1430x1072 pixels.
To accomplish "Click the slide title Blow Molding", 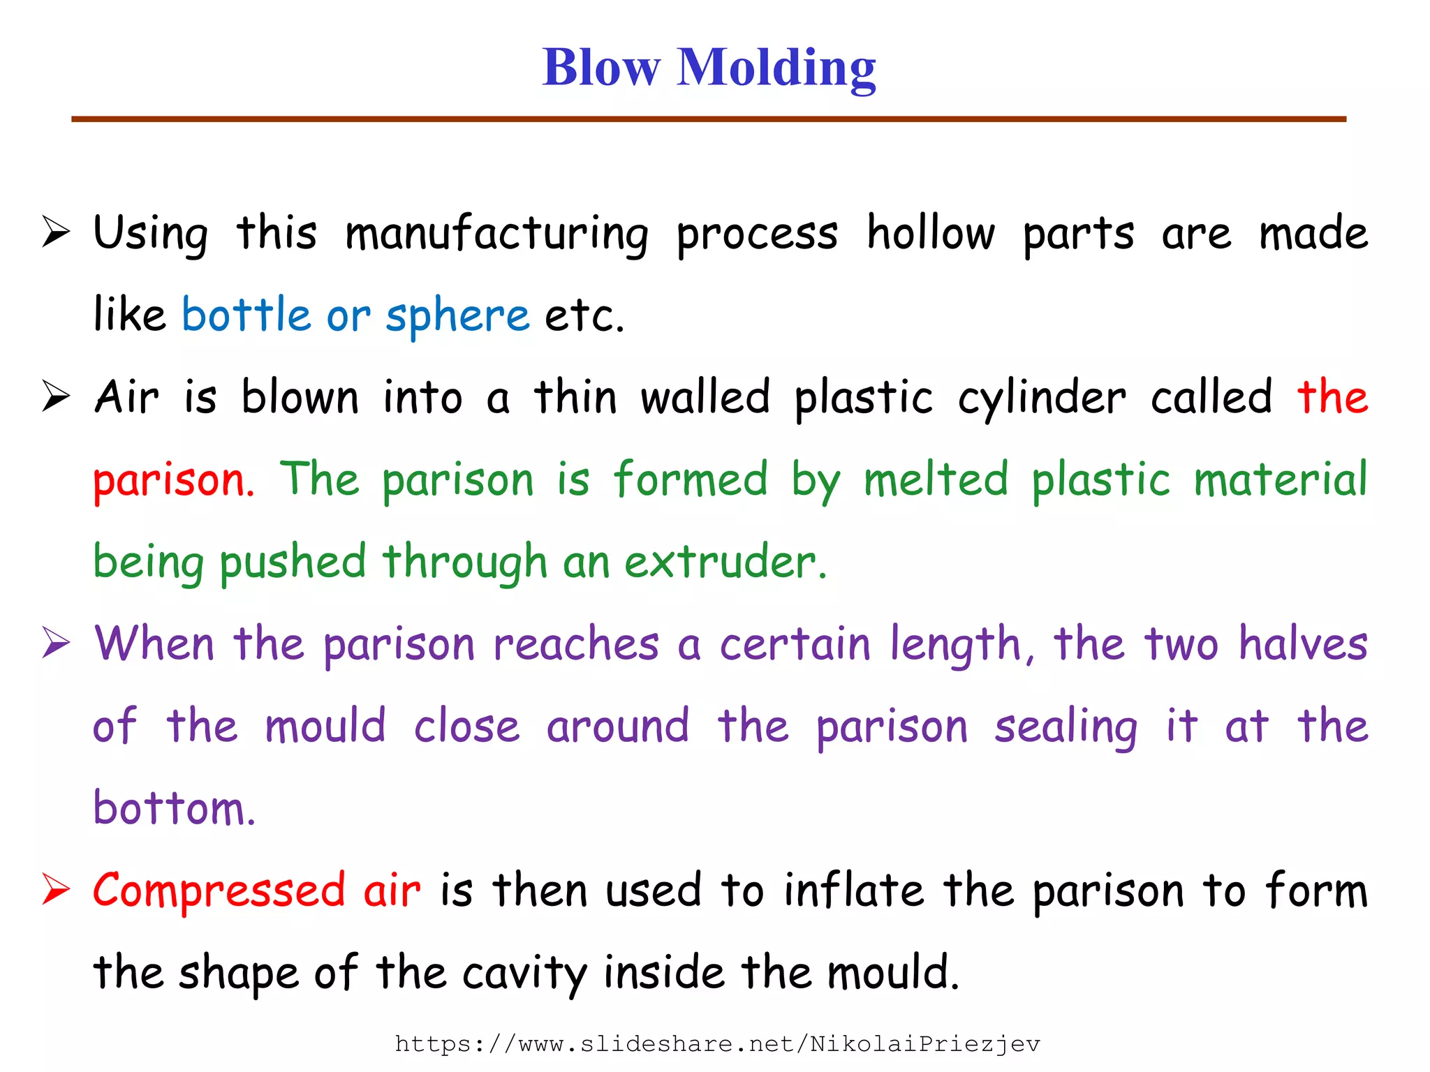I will (x=709, y=68).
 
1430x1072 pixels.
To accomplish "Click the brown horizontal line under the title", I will (x=709, y=119).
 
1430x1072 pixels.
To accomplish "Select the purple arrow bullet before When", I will (x=56, y=642).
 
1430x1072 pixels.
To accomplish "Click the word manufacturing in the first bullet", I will (x=496, y=234).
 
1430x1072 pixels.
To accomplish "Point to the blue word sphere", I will (x=457, y=315).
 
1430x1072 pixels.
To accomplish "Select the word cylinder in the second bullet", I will (x=1041, y=399).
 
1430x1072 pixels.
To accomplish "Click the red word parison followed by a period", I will (x=173, y=482).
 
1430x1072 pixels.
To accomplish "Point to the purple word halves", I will (x=1302, y=643).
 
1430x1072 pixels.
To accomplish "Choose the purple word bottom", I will (x=173, y=808).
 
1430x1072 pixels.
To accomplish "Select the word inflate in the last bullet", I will (x=854, y=891).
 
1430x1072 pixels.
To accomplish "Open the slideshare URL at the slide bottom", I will (x=717, y=1044).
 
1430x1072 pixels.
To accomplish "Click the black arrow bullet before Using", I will (x=56, y=232).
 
